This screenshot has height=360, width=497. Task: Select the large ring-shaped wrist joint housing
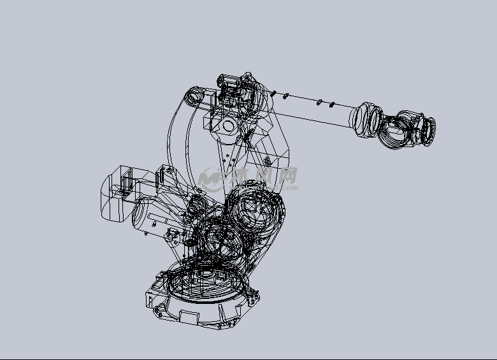tap(399, 129)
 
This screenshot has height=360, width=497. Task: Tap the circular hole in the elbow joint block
tap(228, 125)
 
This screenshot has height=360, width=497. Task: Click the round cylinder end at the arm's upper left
tap(192, 96)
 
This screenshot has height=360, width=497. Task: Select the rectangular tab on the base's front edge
tap(189, 316)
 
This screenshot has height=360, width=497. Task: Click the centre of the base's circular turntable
tap(204, 284)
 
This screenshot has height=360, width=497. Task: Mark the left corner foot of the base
tap(155, 299)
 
